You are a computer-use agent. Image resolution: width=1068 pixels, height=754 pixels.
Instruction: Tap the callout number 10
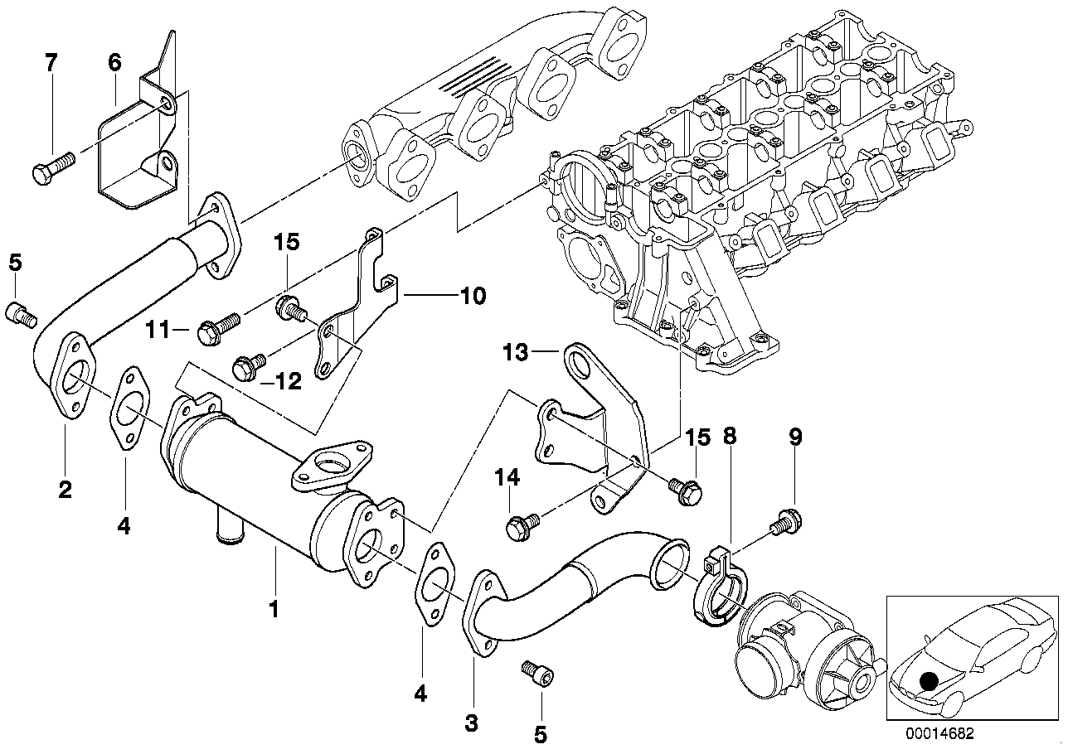[x=473, y=294]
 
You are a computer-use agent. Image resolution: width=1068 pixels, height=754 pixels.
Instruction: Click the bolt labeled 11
[x=217, y=327]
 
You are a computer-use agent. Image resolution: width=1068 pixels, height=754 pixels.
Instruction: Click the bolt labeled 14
[x=522, y=524]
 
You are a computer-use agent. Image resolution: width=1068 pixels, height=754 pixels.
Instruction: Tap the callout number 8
[x=731, y=437]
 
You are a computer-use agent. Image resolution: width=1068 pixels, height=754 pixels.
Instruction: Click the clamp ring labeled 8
[x=719, y=589]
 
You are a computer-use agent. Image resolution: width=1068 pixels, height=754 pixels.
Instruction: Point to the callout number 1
[x=274, y=611]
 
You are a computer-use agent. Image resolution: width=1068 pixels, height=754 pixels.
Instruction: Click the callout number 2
[x=65, y=489]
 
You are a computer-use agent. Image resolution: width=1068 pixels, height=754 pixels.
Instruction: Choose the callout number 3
[x=471, y=723]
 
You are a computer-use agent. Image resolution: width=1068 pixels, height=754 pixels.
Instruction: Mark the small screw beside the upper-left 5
[x=20, y=313]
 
